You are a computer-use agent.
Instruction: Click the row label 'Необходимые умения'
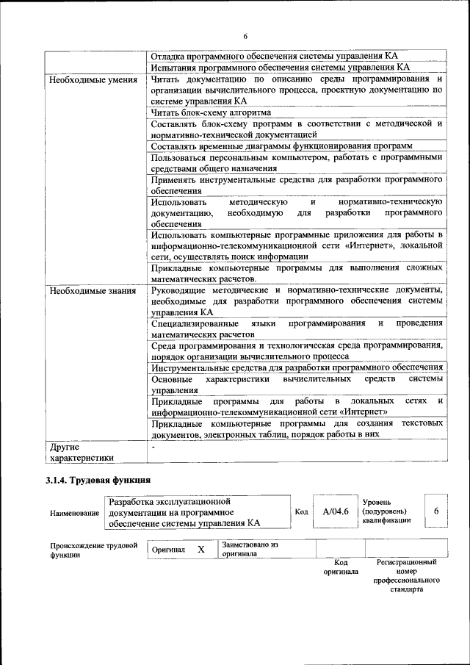pyautogui.click(x=93, y=79)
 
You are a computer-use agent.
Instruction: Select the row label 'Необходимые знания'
pyautogui.click(x=93, y=291)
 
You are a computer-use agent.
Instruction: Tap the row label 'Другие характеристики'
pyautogui.click(x=82, y=452)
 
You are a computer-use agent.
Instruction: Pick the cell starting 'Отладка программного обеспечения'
pyautogui.click(x=275, y=56)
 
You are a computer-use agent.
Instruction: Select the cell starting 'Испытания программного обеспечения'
pyautogui.click(x=279, y=67)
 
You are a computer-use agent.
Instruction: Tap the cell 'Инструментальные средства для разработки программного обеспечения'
pyautogui.click(x=297, y=367)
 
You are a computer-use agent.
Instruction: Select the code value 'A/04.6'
pyautogui.click(x=335, y=511)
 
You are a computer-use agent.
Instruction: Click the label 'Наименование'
pyautogui.click(x=75, y=512)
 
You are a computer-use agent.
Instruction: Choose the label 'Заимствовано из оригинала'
pyautogui.click(x=250, y=550)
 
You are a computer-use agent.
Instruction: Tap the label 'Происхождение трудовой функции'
pyautogui.click(x=93, y=550)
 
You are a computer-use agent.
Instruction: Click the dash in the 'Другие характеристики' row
pyautogui.click(x=153, y=447)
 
